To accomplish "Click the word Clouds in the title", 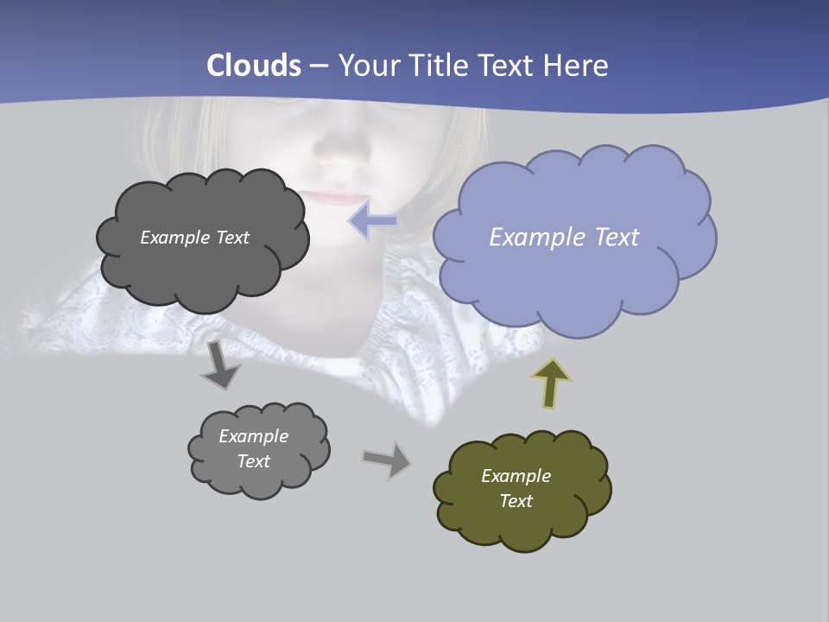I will click(254, 66).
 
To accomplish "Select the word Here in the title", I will click(578, 66).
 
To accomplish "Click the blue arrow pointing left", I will click(373, 221).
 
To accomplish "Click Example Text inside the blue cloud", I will click(564, 237).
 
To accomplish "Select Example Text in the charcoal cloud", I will click(194, 238).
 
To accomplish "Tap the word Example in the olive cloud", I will click(516, 476).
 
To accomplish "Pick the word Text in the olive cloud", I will click(516, 501).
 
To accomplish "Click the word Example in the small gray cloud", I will click(253, 436).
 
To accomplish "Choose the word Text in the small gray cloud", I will click(253, 461).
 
